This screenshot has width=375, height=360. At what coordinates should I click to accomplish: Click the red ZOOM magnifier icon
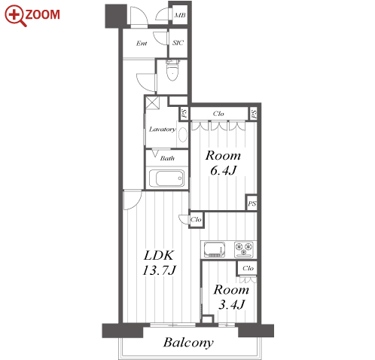(x=16, y=16)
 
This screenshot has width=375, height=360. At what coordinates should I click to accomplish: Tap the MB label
(x=180, y=15)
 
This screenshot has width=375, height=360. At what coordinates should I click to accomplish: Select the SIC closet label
(x=178, y=43)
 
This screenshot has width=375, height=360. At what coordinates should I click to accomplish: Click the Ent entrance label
(x=142, y=44)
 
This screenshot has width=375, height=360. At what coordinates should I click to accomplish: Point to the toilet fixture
(x=172, y=70)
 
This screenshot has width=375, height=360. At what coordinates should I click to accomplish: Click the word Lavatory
(x=163, y=130)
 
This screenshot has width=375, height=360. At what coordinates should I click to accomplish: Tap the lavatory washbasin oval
(x=182, y=135)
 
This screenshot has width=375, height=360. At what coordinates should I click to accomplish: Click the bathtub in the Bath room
(x=166, y=178)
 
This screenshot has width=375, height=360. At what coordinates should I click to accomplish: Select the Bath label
(x=167, y=158)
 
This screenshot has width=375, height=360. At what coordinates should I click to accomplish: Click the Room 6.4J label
(x=223, y=163)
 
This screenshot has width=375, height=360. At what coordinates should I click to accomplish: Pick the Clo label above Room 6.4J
(x=218, y=114)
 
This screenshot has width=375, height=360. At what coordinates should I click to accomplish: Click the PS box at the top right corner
(x=254, y=114)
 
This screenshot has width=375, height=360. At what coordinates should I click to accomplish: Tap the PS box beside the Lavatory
(x=184, y=114)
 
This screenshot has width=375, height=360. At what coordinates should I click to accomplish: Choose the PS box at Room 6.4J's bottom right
(x=252, y=203)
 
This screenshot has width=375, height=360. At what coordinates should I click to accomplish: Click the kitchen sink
(x=215, y=249)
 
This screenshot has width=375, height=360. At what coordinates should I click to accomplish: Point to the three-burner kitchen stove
(x=244, y=249)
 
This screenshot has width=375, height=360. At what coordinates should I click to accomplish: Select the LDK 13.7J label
(x=159, y=263)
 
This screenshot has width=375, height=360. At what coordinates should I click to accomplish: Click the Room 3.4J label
(x=231, y=297)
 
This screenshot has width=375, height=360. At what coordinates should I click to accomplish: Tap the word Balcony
(x=188, y=343)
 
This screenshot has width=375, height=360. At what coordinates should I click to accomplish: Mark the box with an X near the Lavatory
(x=153, y=102)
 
